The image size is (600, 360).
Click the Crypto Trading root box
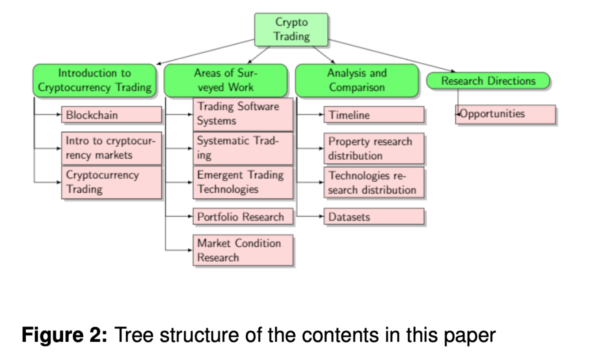click(x=291, y=30)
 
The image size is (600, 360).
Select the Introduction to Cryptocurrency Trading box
click(x=94, y=80)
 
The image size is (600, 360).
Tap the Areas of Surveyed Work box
click(x=226, y=80)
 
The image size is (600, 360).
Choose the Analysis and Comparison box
click(x=357, y=80)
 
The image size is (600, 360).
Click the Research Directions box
click(x=488, y=81)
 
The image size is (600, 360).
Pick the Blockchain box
click(x=112, y=115)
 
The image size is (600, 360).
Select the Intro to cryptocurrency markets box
click(x=112, y=148)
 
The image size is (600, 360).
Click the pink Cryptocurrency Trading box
click(x=112, y=182)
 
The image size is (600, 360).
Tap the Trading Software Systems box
click(x=243, y=114)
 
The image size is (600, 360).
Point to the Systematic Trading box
click(x=243, y=148)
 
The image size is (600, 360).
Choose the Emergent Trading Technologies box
click(x=243, y=182)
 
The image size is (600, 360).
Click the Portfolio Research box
click(x=243, y=217)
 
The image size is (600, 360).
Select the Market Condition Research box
click(x=243, y=250)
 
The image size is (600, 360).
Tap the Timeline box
click(x=374, y=115)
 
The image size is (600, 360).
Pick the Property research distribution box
click(x=374, y=148)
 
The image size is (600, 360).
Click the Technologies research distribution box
click(x=374, y=183)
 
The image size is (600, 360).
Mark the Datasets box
click(x=374, y=217)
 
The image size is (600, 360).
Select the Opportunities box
click(x=506, y=114)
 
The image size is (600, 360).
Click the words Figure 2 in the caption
click(x=65, y=335)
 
